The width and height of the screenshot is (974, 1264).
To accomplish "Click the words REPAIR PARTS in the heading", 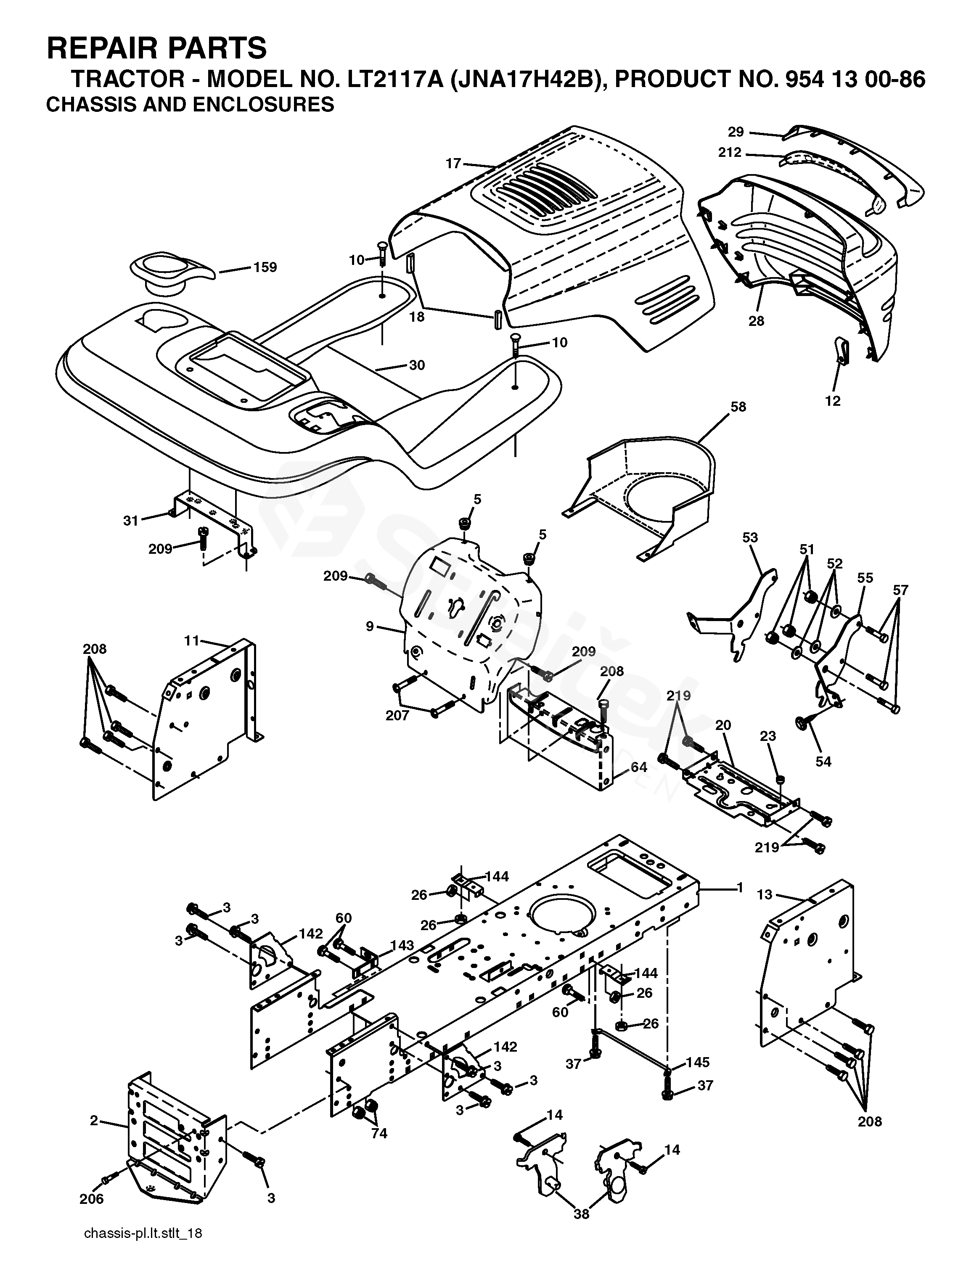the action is pos(156,48).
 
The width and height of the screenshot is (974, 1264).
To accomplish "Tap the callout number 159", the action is pos(265,267).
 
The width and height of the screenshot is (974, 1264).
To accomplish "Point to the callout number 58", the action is pos(738,407).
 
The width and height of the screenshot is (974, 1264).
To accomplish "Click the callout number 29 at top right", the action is pos(736,132).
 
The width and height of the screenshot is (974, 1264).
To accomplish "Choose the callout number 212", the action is pos(730,153).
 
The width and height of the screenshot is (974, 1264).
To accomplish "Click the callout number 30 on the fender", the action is pos(417,365).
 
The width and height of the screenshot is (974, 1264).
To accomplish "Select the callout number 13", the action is pos(765,895).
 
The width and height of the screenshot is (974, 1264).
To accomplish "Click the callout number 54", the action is pos(823,762).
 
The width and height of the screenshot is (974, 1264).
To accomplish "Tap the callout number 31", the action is pos(131,521).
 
